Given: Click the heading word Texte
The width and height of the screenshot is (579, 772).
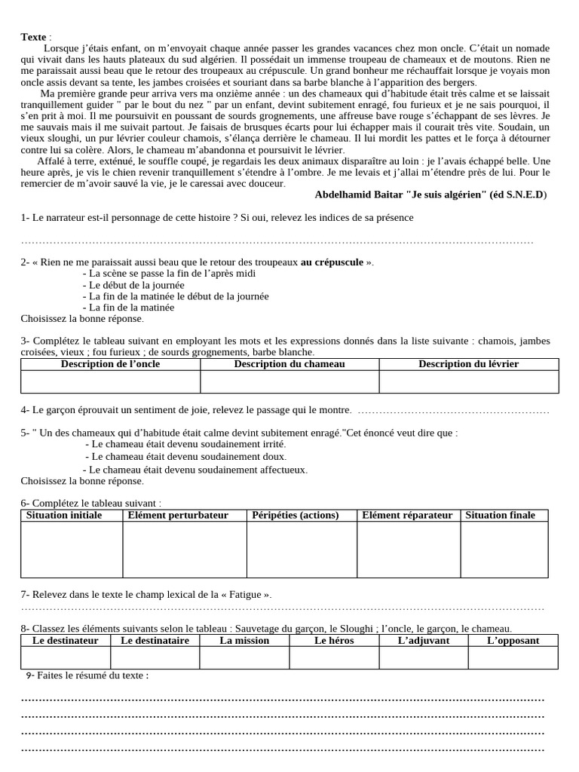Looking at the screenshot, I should click(x=33, y=37).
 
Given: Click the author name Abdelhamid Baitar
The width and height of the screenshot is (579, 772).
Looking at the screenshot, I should click(x=358, y=195).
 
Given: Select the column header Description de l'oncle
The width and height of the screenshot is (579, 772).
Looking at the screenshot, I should click(x=110, y=364).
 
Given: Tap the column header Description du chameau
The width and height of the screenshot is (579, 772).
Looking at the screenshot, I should click(x=289, y=364).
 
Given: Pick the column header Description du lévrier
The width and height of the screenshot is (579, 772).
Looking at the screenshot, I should click(x=468, y=364).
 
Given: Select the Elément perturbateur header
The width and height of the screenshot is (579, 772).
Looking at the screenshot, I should click(x=178, y=516).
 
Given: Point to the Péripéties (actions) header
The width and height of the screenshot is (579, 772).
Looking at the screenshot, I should click(x=296, y=516).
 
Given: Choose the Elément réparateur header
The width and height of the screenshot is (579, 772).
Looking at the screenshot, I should click(x=407, y=516).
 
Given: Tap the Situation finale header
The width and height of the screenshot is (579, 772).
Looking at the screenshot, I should click(x=500, y=516).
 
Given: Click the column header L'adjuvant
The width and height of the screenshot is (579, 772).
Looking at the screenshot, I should click(x=424, y=641).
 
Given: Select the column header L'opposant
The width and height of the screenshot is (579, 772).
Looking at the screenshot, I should click(x=513, y=641).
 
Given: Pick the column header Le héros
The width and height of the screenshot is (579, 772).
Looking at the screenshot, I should click(x=334, y=641).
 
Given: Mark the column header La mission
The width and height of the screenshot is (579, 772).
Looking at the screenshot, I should click(x=244, y=641).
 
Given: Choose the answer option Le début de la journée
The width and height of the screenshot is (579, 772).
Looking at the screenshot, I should click(x=136, y=286).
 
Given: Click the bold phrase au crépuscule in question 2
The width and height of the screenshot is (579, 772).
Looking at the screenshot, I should click(x=332, y=262).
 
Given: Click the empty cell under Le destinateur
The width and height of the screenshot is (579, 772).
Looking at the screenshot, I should click(x=66, y=657).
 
